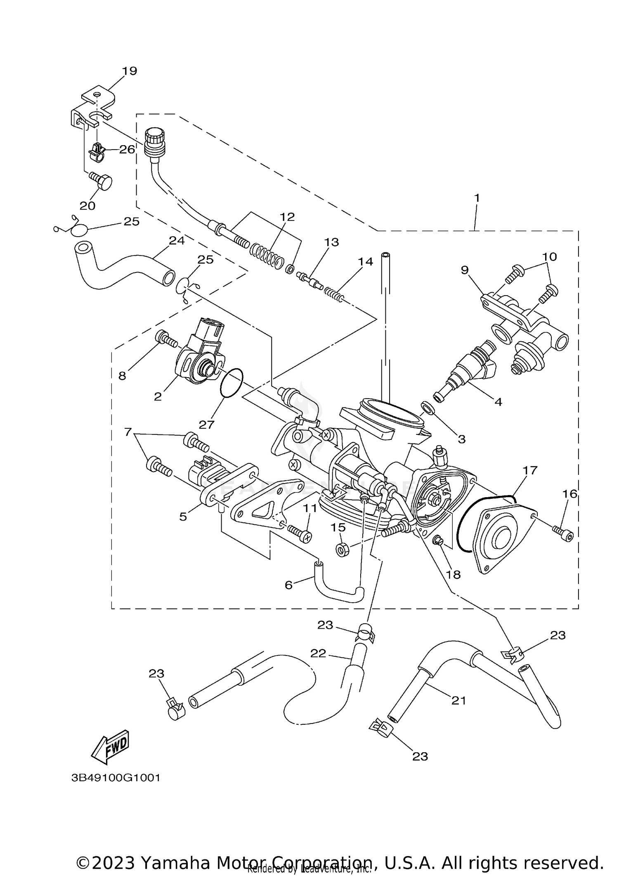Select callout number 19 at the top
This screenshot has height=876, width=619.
pyautogui.click(x=129, y=71)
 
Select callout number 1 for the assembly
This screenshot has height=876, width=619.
pyautogui.click(x=477, y=198)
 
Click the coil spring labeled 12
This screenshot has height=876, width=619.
pyautogui.click(x=267, y=256)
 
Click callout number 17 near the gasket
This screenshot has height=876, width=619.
pyautogui.click(x=530, y=470)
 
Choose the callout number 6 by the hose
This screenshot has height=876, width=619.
pyautogui.click(x=288, y=585)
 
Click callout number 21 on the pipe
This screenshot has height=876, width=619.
pyautogui.click(x=458, y=700)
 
